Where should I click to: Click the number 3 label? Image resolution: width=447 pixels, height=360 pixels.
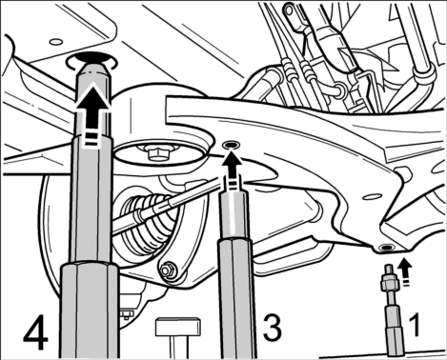(x=272, y=328)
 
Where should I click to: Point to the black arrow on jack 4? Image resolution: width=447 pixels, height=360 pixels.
(x=92, y=111)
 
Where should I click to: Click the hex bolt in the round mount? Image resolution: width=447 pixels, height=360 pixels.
(x=155, y=151)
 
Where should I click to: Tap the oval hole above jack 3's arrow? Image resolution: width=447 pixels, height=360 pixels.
(x=231, y=145)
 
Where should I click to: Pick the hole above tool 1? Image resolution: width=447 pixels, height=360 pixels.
(x=386, y=247)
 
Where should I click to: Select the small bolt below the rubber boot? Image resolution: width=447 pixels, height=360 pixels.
(x=167, y=270)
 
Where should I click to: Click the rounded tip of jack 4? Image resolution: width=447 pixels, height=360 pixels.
(x=92, y=71)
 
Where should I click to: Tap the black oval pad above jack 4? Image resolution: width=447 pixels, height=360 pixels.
(x=92, y=57)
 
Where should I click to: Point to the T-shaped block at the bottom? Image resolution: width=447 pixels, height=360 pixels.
(x=178, y=336)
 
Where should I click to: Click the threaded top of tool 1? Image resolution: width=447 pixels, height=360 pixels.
(x=389, y=273)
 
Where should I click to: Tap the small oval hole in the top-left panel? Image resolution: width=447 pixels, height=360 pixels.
(x=56, y=42)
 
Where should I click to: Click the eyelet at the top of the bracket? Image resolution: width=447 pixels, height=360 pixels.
(x=289, y=10)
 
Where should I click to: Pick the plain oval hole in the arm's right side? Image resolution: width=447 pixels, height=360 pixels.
(x=371, y=196)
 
